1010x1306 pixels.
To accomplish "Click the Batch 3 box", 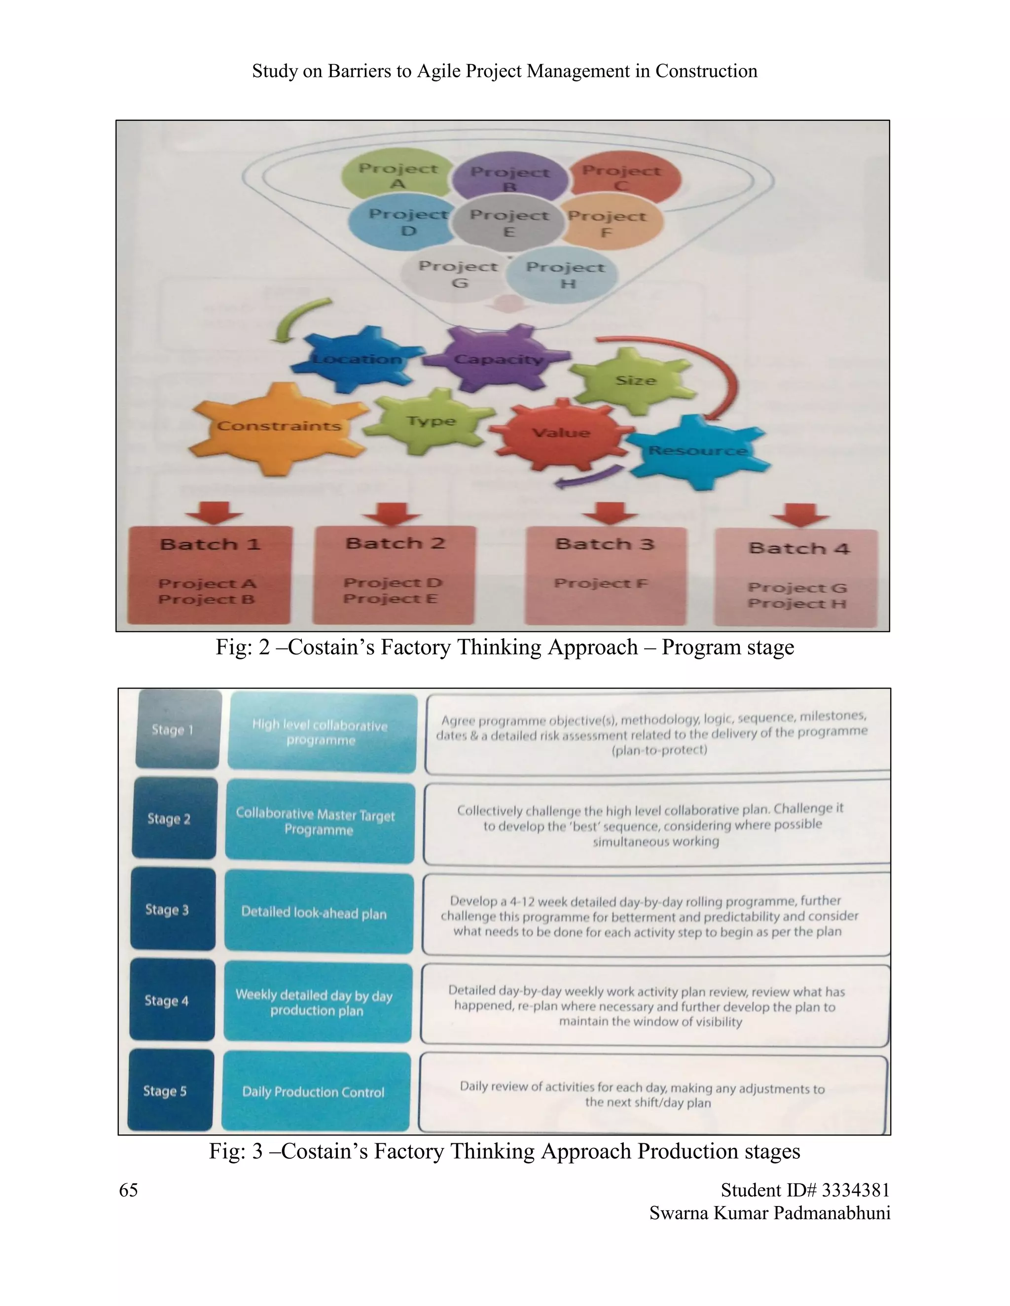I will (606, 575).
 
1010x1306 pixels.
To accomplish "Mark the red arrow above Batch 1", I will (214, 513).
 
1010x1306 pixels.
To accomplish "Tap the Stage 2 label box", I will (174, 819).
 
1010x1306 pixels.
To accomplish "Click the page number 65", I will (128, 1190).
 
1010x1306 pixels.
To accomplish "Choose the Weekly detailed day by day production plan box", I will (317, 1003).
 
